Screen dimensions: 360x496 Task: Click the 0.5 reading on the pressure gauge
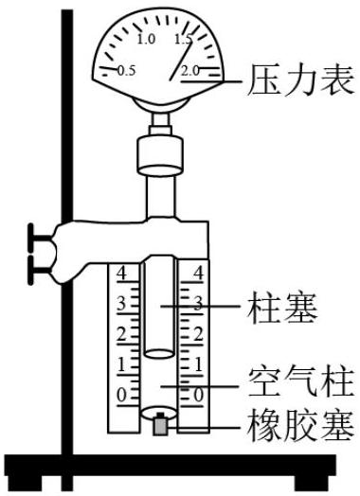(x=126, y=71)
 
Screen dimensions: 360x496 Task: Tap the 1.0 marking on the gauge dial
(x=146, y=39)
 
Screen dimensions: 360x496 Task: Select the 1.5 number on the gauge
(x=184, y=39)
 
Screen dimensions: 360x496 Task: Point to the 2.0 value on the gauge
(x=190, y=71)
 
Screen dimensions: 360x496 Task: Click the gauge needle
(x=181, y=61)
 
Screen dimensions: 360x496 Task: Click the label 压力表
(x=300, y=80)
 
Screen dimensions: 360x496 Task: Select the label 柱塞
(x=282, y=308)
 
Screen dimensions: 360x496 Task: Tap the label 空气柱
(x=300, y=383)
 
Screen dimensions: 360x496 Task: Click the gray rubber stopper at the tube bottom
(x=160, y=424)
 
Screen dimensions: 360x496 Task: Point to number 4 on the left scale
(x=121, y=273)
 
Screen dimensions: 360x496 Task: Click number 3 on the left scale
(x=121, y=304)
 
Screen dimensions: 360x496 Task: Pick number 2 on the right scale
(x=198, y=334)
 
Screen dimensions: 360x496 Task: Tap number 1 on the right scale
(x=199, y=364)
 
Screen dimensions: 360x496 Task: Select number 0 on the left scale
(x=121, y=395)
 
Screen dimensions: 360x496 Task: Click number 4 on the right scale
(x=198, y=273)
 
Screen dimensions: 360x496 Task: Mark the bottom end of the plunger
(x=159, y=354)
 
